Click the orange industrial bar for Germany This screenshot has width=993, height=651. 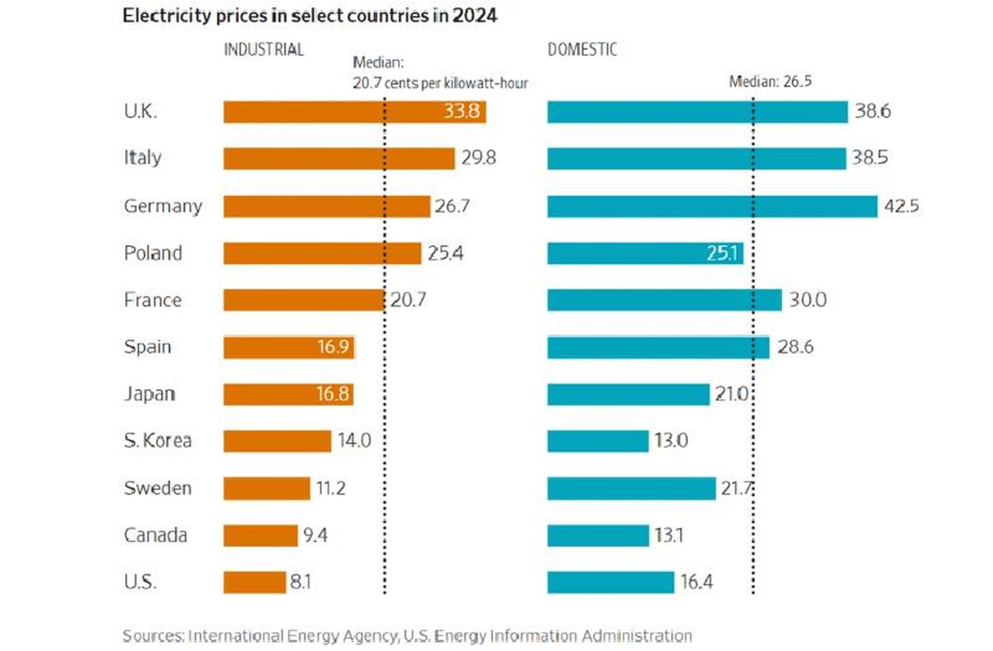[x=326, y=206]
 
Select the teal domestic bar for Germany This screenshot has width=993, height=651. [x=712, y=206]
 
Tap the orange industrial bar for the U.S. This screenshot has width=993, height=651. [x=254, y=582]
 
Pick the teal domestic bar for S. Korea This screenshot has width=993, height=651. [x=597, y=441]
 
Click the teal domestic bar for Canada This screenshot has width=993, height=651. [x=597, y=535]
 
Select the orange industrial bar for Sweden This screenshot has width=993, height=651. [x=266, y=488]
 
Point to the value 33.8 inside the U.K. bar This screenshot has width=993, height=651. [x=461, y=111]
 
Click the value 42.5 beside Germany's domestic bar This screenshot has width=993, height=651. [x=901, y=206]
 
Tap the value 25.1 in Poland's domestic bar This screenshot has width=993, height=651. [x=722, y=253]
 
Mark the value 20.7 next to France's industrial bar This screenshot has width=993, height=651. [x=408, y=299]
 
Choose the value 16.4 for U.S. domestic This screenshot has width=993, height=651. [x=697, y=582]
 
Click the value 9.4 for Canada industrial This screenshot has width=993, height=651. [x=315, y=535]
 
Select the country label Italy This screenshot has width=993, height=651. [x=143, y=158]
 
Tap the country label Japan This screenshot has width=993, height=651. [x=150, y=394]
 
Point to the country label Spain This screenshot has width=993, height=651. [x=148, y=346]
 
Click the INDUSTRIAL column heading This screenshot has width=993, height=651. [x=264, y=50]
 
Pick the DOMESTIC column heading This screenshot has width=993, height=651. [x=582, y=50]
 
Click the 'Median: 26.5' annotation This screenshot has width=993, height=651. [x=770, y=81]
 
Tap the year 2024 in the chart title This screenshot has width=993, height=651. [x=474, y=16]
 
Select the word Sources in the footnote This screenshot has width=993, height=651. [x=152, y=635]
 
